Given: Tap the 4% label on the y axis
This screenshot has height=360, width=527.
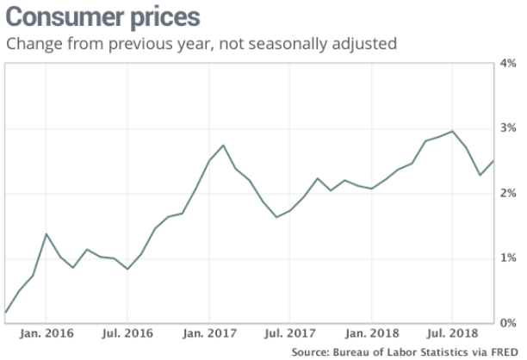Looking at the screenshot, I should (509, 63).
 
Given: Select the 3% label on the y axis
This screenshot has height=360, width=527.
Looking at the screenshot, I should (509, 128).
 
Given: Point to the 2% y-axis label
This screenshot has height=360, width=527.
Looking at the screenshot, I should (509, 194).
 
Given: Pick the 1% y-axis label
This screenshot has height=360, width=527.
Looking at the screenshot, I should (509, 258).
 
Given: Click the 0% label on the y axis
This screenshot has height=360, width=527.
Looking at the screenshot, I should (509, 323).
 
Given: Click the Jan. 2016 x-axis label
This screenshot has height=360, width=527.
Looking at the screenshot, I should (46, 332).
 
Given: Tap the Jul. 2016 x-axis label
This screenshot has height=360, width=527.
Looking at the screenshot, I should (127, 332).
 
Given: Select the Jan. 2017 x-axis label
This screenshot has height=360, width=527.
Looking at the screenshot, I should (209, 332).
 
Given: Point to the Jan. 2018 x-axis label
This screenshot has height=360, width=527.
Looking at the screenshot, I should (372, 332).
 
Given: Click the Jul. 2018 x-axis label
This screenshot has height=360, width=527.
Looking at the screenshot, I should (453, 332).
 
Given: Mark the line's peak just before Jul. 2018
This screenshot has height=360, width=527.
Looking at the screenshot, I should (453, 131).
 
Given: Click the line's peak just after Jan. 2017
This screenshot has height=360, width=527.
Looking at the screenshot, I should (223, 145).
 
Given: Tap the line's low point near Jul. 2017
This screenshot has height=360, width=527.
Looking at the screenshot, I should (276, 217).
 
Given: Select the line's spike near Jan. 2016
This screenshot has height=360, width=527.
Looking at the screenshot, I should (46, 234).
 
